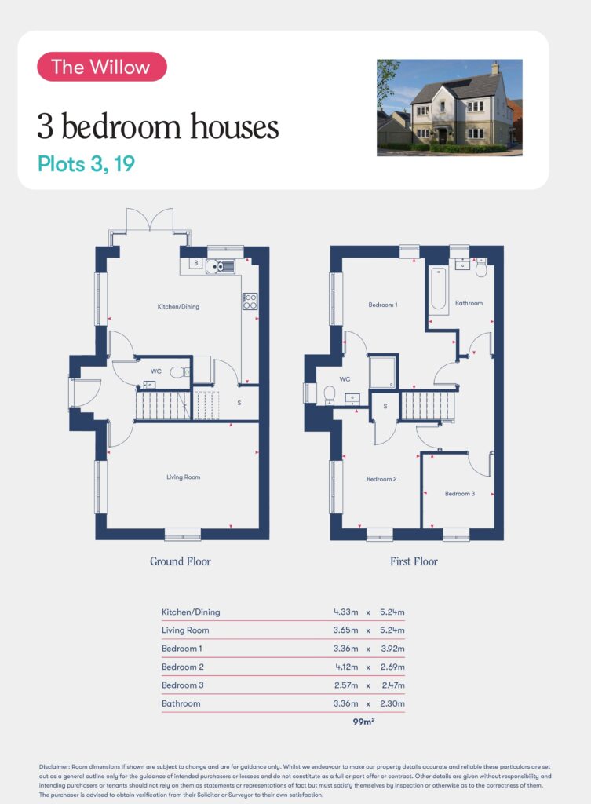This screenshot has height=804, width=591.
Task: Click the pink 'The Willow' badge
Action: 102,67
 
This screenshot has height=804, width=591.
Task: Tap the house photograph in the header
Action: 450,108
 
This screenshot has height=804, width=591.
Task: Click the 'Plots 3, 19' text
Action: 86,163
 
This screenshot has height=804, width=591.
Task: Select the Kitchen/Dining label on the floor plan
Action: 178,307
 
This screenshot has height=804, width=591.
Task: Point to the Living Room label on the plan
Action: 183,477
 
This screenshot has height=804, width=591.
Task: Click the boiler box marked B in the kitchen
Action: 195,263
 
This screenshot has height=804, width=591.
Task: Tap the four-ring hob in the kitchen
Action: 250,301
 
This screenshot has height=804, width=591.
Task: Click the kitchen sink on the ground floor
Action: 221,266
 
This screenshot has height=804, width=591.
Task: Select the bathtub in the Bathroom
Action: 438,288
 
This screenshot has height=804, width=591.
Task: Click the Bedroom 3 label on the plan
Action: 460,494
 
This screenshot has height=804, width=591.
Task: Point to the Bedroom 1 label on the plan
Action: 383,305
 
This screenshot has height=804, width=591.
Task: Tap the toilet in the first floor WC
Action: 329,394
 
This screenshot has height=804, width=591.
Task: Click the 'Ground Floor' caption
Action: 181,561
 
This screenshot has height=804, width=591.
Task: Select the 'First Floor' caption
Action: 414,561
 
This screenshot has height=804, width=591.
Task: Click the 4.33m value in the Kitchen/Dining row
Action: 346,612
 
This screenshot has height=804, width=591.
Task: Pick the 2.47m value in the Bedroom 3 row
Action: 393,685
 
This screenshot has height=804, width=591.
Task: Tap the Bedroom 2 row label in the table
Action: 182,667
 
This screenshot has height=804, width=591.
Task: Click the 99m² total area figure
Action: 363,722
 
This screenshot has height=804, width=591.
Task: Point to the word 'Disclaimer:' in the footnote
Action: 54,766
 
